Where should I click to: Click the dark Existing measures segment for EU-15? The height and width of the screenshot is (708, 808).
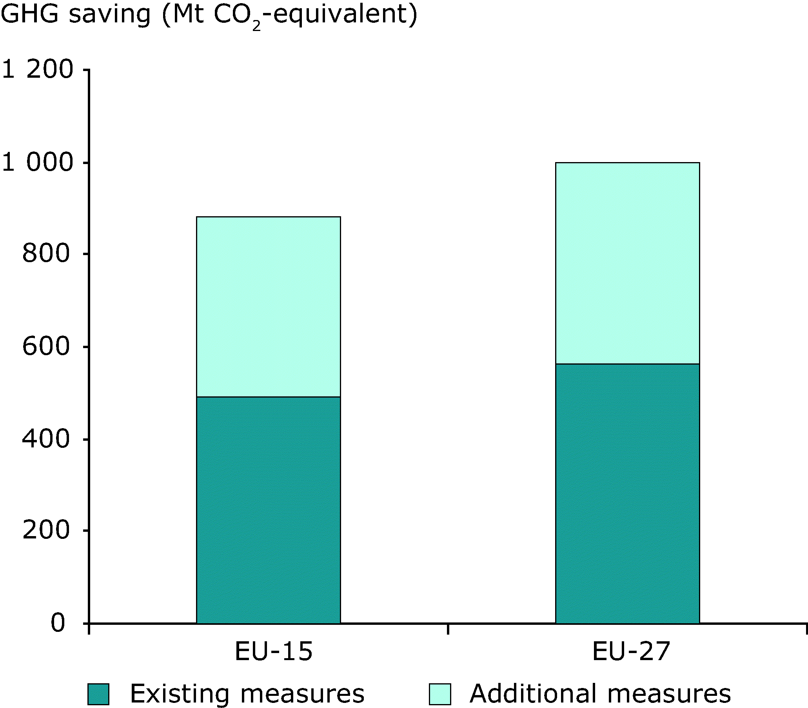tap(269, 510)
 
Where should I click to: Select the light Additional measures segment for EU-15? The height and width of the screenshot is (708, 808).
tap(269, 307)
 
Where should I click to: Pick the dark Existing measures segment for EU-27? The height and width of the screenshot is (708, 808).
tap(628, 493)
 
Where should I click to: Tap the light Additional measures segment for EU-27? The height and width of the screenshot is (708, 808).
tap(628, 263)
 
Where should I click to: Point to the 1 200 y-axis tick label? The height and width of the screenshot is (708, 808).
tap(38, 69)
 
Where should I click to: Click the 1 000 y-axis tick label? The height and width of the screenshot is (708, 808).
tap(38, 162)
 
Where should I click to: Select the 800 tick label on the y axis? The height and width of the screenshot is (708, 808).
tap(46, 254)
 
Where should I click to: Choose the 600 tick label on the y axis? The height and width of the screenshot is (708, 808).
tap(46, 347)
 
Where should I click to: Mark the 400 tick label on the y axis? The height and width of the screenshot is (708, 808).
tap(46, 439)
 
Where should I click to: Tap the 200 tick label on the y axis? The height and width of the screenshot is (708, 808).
tap(46, 531)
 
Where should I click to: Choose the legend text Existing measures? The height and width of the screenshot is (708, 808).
tap(247, 694)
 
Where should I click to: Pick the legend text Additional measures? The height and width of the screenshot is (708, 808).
tap(600, 694)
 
